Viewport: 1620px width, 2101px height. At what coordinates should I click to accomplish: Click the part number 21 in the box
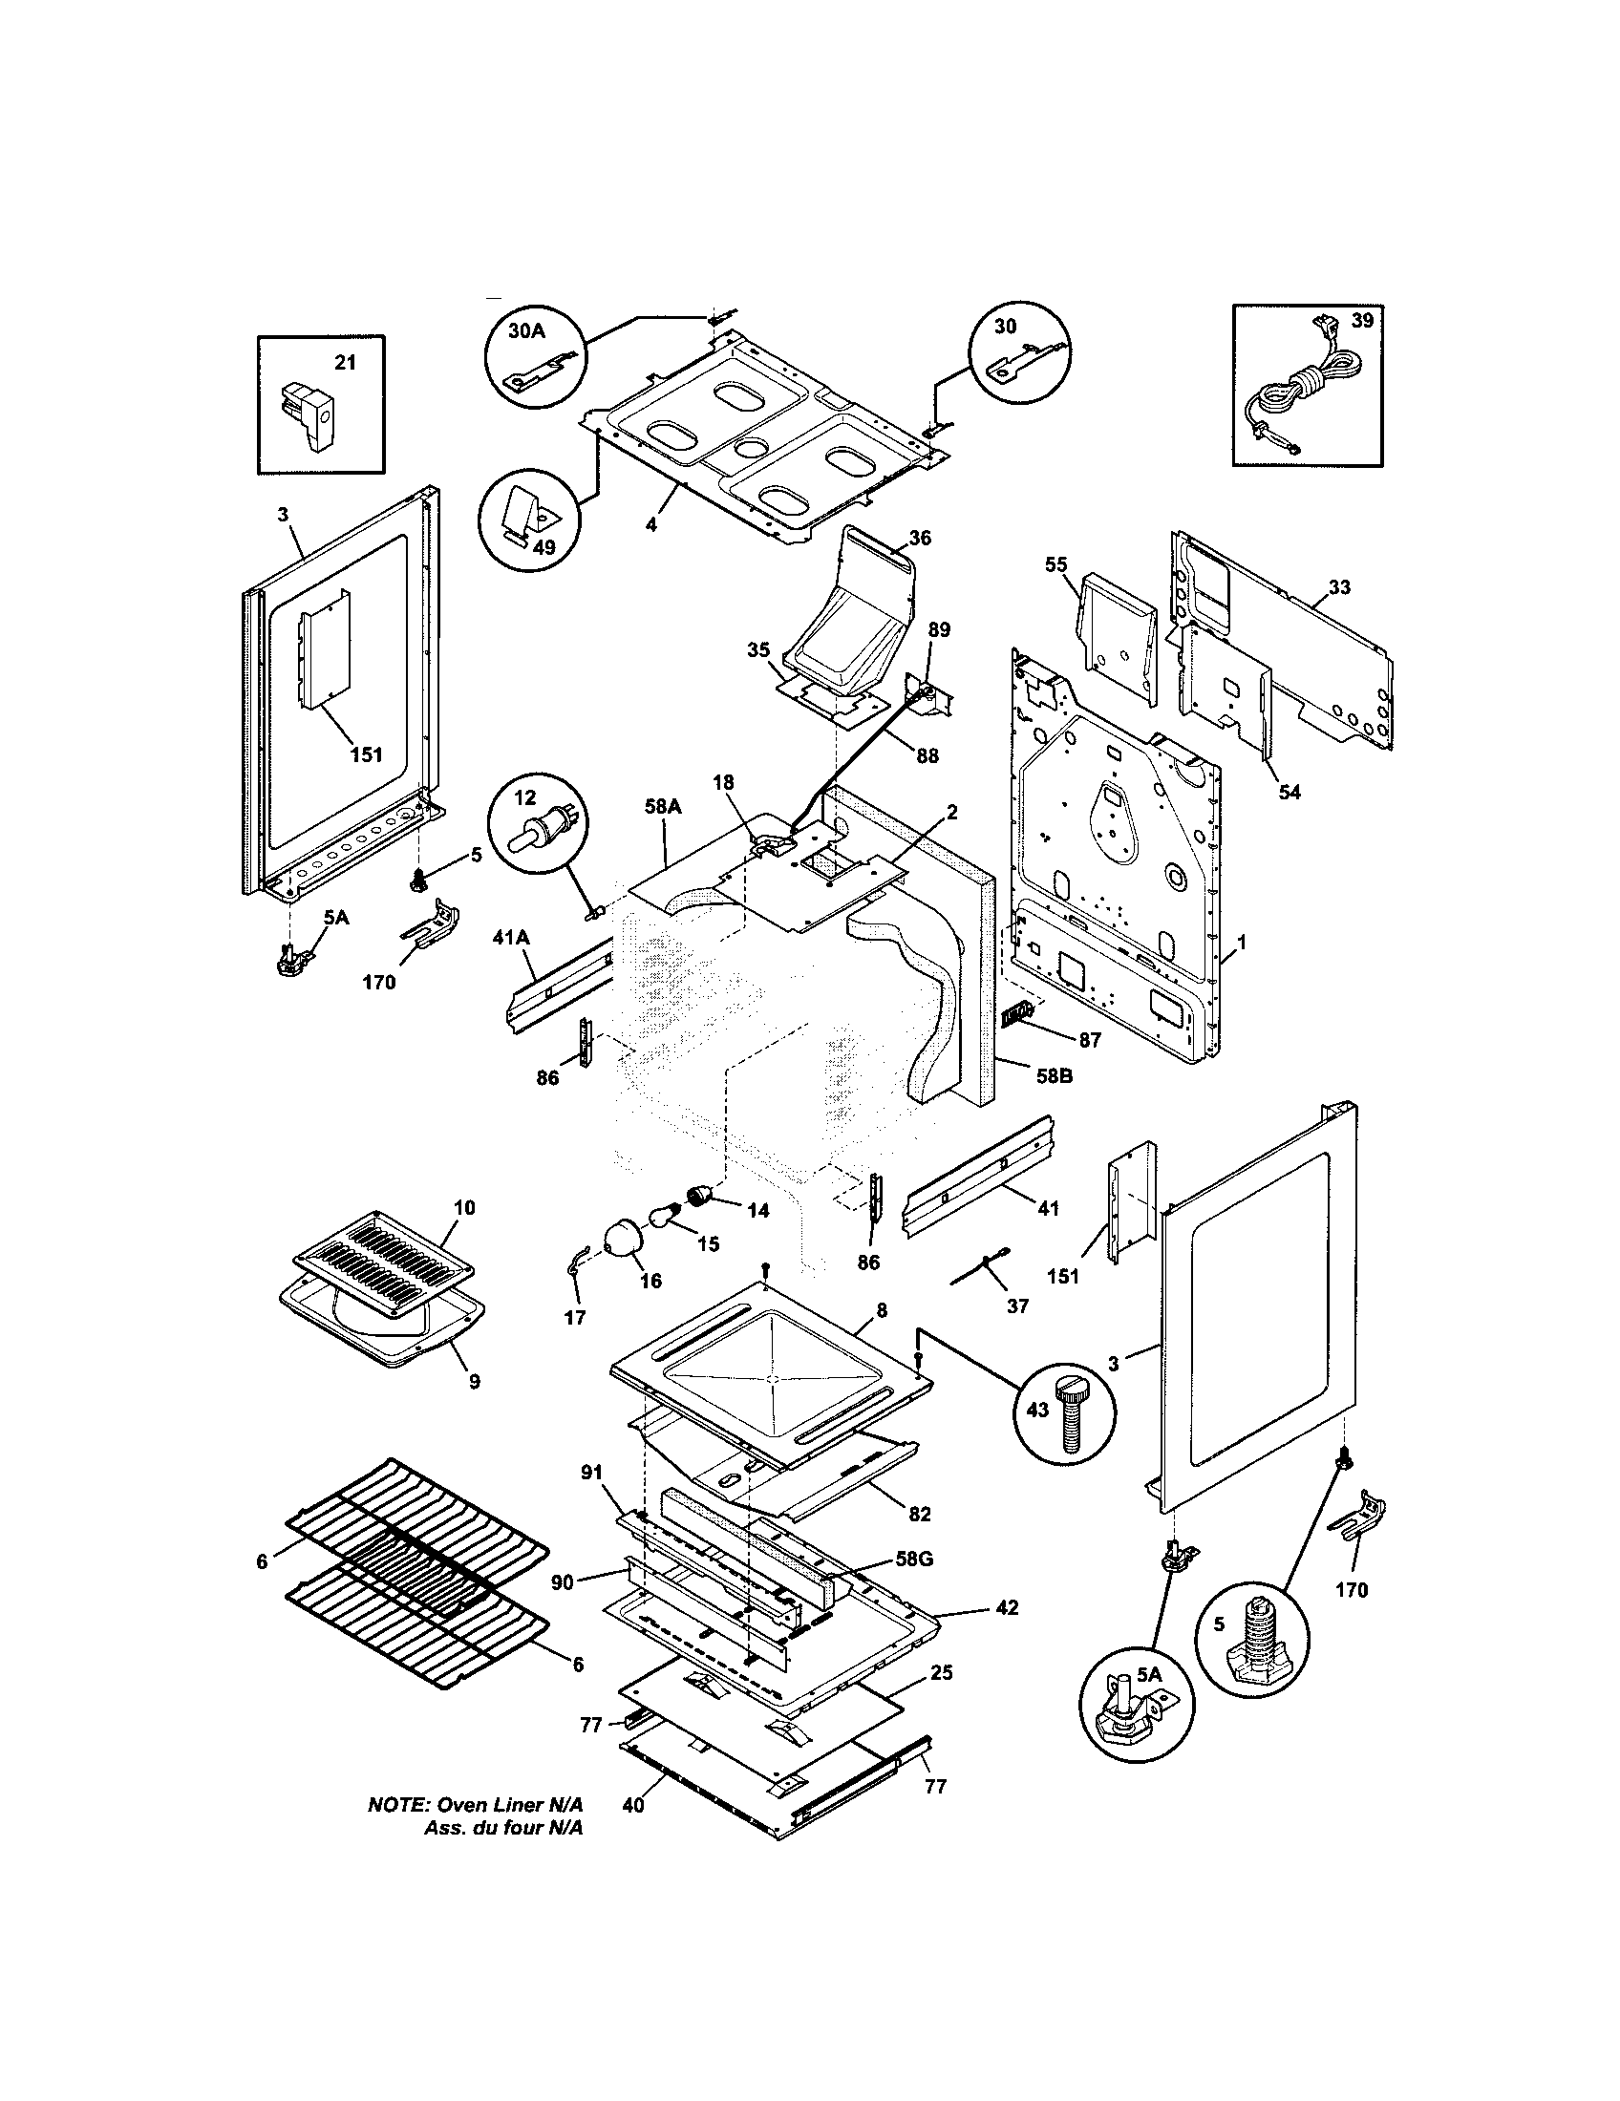[x=345, y=362]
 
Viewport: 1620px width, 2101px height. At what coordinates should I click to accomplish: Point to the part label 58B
[x=1053, y=1076]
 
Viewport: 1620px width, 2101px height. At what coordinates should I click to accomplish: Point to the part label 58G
[x=913, y=1558]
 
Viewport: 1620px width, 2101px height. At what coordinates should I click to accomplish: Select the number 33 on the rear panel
[x=1339, y=585]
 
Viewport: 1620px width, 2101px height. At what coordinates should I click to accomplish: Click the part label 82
[x=919, y=1514]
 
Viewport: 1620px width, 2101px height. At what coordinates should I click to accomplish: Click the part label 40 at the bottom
[x=632, y=1805]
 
